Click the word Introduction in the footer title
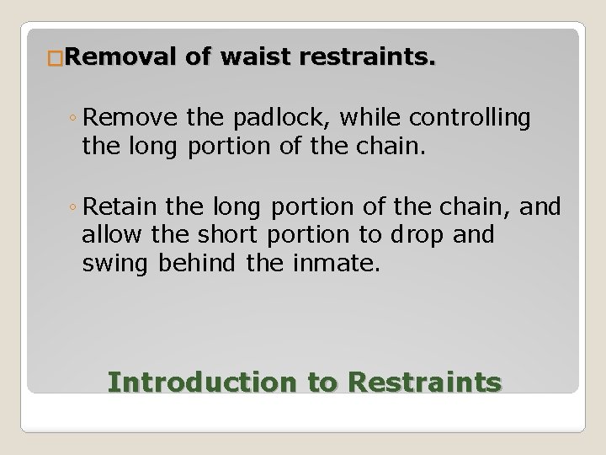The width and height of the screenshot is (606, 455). [x=202, y=382]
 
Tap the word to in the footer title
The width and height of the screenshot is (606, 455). [x=321, y=382]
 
